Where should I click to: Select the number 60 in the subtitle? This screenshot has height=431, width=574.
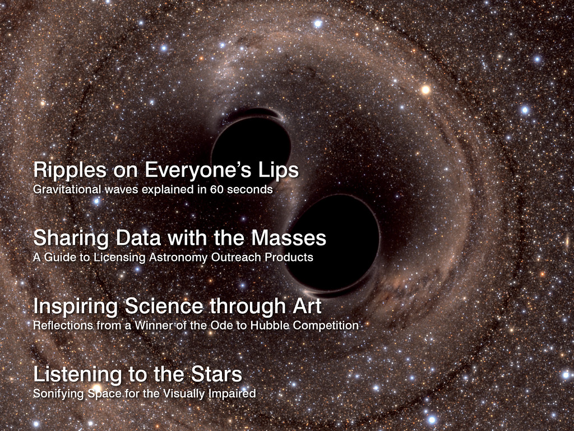tap(216, 189)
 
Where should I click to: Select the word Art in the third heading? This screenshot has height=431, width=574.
tap(307, 306)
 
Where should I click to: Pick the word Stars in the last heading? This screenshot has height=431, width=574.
tap(216, 374)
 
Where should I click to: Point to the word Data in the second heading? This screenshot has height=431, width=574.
tap(138, 238)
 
